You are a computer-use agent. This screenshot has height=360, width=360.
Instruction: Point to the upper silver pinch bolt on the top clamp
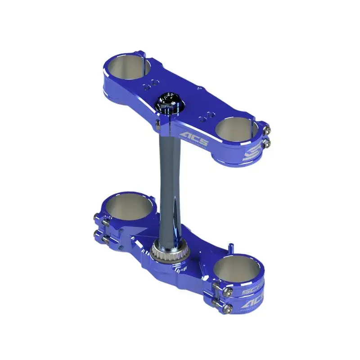click(x=267, y=131)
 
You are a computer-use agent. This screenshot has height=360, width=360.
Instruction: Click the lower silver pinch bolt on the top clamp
click(x=268, y=143)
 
